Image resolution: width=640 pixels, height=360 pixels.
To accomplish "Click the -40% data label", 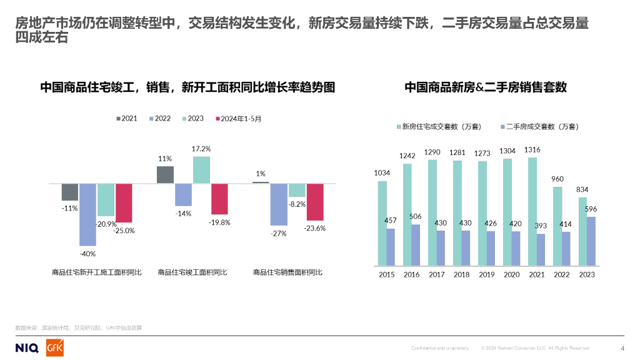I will [87, 254].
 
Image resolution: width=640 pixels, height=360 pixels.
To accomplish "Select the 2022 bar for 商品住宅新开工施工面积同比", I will [87, 214].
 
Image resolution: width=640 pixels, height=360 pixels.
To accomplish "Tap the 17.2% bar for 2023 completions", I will [202, 170].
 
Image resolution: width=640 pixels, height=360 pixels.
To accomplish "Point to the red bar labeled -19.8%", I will [219, 199].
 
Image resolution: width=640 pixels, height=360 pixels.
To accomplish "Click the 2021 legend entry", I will [127, 118].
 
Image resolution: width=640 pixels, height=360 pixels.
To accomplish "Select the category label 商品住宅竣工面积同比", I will [192, 272].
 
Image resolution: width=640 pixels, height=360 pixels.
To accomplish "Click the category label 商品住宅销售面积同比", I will [288, 272].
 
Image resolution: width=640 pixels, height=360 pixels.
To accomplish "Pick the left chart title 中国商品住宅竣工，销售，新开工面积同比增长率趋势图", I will [187, 87].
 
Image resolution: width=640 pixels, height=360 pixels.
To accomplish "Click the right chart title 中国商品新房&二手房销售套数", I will [486, 87].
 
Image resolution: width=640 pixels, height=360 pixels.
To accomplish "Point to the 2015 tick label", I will [387, 274].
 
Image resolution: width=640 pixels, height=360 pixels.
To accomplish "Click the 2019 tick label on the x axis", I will [487, 274].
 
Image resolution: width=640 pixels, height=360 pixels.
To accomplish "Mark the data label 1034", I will [382, 173].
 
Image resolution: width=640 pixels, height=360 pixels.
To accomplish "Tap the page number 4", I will [622, 348].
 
